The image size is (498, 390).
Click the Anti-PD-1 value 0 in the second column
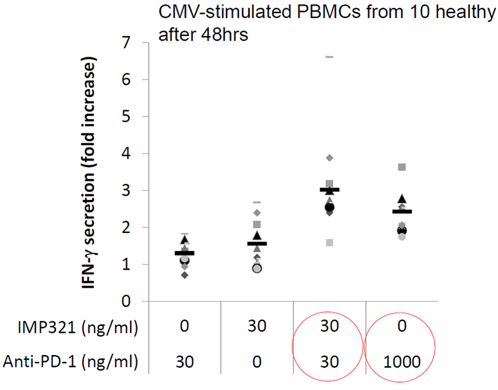[x=256, y=359]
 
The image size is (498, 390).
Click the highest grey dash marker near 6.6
[x=330, y=57]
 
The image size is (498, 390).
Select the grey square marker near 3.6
[x=402, y=167]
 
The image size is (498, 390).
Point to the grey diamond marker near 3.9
[x=330, y=158]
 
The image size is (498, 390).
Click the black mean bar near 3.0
[x=330, y=189]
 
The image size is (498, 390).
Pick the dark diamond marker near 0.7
[x=184, y=275]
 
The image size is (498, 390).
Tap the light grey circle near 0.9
[x=256, y=269]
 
